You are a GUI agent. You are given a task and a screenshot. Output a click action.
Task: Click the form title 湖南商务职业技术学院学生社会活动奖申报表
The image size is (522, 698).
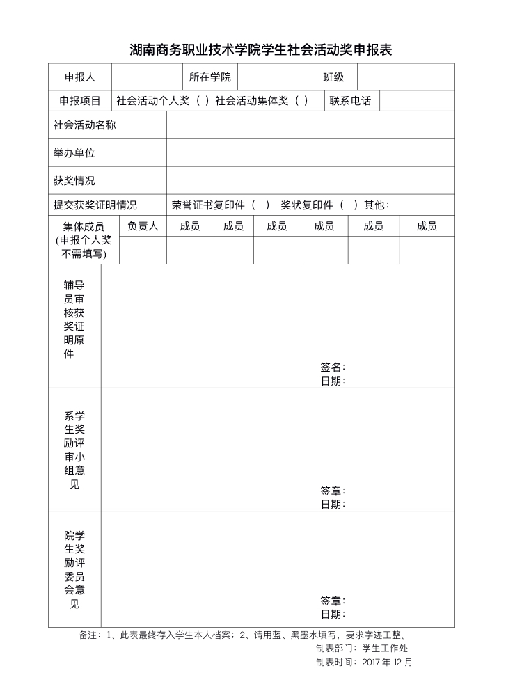point(261,50)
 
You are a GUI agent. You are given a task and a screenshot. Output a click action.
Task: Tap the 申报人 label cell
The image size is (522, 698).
point(79,77)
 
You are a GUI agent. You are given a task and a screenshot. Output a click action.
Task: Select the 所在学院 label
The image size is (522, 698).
point(209,77)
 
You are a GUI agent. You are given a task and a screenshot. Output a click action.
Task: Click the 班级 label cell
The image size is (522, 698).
point(333,77)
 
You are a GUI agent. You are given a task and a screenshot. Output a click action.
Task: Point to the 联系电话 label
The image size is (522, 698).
point(350,101)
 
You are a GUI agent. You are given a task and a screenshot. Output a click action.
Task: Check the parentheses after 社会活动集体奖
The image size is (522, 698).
point(301,101)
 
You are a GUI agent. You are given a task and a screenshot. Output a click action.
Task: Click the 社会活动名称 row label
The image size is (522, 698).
point(84,125)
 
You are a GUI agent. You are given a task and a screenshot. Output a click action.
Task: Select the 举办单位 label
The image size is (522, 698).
point(74,152)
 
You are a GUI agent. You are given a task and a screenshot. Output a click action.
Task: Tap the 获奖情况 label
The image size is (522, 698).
point(74,180)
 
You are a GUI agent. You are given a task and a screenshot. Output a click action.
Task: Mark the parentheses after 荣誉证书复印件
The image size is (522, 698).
point(260,205)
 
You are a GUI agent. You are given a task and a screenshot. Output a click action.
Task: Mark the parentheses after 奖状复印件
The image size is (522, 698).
point(349,205)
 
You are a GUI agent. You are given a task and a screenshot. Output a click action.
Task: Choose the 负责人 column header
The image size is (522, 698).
point(143,226)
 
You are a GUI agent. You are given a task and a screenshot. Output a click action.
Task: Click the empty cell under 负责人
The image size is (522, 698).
point(143,251)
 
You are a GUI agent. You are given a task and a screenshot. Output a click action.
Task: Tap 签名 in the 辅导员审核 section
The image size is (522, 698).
point(332,367)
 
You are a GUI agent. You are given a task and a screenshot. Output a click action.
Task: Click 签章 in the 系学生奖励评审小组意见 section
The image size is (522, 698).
point(332,491)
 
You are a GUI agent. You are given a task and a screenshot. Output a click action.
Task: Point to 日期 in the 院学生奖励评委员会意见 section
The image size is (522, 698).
point(332,614)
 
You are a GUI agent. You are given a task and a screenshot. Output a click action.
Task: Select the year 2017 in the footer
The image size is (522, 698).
point(372,663)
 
